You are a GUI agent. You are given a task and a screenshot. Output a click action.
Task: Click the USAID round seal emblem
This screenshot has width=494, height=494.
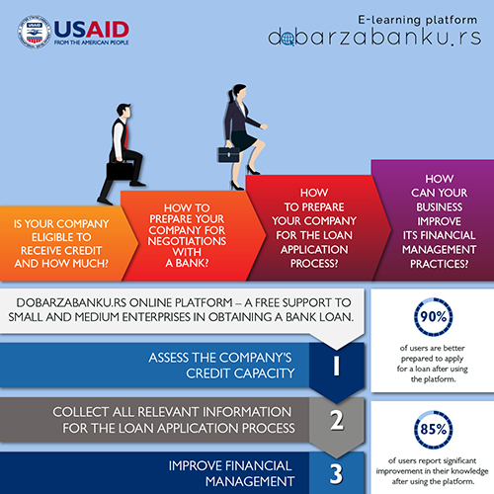coord(35,32)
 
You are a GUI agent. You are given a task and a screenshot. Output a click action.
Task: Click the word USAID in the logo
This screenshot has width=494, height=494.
coord(91,30)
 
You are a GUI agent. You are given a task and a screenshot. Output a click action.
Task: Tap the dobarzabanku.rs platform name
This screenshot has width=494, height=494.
coord(374,38)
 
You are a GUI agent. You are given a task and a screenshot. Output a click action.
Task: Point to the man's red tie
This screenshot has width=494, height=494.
coord(125,134)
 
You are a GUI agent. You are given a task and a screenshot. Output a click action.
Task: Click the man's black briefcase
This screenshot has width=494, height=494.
coord(120,171)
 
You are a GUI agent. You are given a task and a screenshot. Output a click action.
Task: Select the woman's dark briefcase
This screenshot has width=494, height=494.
coord(228,154)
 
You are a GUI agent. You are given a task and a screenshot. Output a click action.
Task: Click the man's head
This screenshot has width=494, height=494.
coord(123,111)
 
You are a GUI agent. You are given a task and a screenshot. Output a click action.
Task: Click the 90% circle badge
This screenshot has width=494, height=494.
coord(433,317)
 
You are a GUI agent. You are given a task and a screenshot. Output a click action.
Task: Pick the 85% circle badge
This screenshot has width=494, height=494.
coord(433,429)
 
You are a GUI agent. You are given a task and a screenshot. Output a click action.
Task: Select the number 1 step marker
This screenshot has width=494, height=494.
coord(336,366)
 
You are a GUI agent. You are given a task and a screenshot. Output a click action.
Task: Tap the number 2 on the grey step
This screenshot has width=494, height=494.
coord(337,421)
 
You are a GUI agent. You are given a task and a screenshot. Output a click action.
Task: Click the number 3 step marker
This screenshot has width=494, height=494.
coord(336,474)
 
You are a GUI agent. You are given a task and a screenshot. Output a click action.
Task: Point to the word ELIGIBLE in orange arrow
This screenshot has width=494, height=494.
coord(61,237)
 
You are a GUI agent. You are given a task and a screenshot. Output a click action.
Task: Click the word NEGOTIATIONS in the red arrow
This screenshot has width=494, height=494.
coord(187,241)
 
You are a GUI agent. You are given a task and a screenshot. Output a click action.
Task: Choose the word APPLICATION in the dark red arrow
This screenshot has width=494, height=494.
coord(314,249)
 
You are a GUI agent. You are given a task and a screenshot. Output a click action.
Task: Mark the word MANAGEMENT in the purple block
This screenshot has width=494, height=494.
coord(439,249)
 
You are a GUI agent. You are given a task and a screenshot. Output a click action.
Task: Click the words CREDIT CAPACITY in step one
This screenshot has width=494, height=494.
coord(240,373)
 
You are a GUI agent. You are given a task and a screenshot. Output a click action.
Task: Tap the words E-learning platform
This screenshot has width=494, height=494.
coord(418,20)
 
